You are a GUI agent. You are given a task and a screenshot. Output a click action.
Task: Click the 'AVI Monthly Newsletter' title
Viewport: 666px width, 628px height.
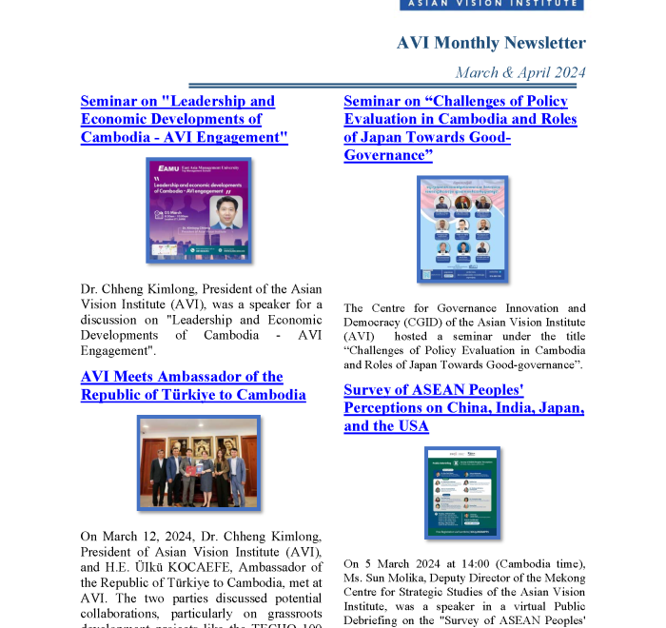[x=491, y=43]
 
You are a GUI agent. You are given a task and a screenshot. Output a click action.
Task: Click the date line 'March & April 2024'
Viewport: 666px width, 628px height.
[x=519, y=73]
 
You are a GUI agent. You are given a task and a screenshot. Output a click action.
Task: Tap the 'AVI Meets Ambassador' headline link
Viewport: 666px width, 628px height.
[x=193, y=385]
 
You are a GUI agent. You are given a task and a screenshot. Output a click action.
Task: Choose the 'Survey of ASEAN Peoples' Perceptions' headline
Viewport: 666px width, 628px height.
[x=463, y=408]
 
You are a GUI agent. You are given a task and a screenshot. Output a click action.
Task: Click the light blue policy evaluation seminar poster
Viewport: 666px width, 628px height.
[x=462, y=228]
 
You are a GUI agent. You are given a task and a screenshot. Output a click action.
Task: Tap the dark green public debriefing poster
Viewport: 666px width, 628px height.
[x=462, y=493]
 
